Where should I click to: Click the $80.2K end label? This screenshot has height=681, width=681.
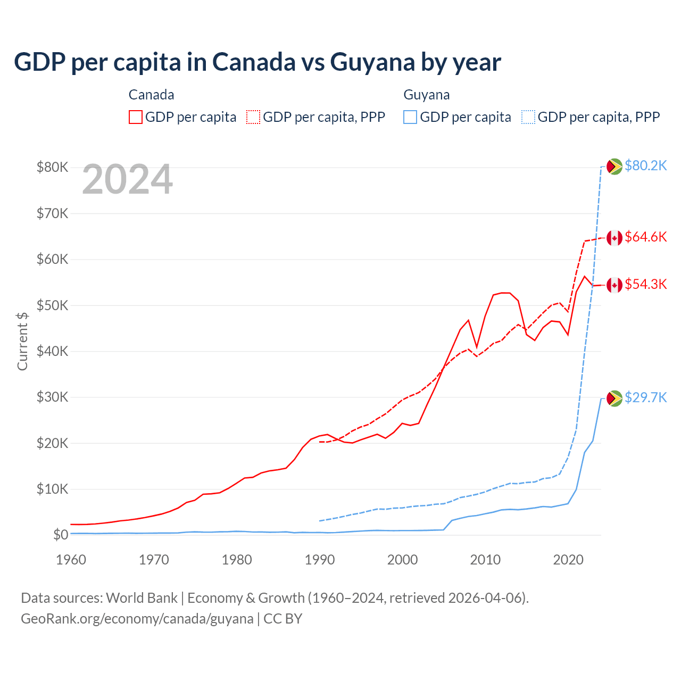coord(645,166)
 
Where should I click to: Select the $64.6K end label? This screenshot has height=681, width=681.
coord(645,237)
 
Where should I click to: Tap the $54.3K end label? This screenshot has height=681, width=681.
coord(645,285)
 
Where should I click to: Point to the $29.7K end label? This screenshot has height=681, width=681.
coord(645,398)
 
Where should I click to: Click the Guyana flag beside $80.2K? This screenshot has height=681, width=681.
coord(614,167)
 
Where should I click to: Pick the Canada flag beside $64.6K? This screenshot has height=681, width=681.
coord(614,238)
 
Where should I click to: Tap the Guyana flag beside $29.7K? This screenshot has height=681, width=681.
coord(614,398)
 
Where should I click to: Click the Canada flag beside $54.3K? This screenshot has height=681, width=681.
coord(614,285)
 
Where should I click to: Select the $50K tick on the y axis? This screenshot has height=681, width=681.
coord(52,306)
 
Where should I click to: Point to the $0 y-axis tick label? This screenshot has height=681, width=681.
coord(61,535)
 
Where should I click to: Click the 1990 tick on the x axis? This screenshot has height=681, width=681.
coord(320,560)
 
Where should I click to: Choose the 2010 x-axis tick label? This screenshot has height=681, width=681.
coord(485,560)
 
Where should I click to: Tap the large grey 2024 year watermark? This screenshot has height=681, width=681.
coord(128,180)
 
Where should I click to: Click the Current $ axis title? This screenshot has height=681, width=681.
coord(22,341)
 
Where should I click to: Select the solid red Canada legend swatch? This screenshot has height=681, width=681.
coord(136,117)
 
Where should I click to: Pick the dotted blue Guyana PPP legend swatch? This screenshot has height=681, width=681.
coord(528,117)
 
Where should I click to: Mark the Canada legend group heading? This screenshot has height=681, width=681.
coord(152,95)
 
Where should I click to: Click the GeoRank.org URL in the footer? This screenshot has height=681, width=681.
coord(137,619)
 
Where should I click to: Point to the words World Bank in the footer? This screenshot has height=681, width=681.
coord(142,598)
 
